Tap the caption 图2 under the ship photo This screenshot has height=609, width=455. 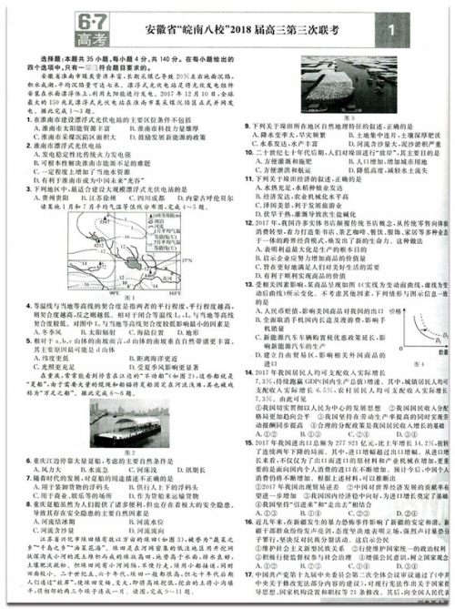129,452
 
